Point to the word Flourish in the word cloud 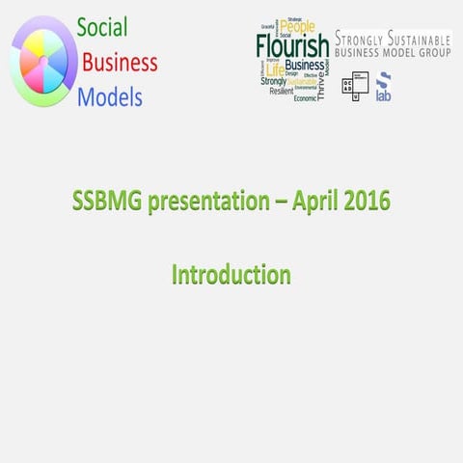point(292,45)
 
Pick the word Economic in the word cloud point(306,97)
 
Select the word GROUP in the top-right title point(426,54)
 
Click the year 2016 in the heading point(369,204)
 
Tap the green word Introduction point(231,274)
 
